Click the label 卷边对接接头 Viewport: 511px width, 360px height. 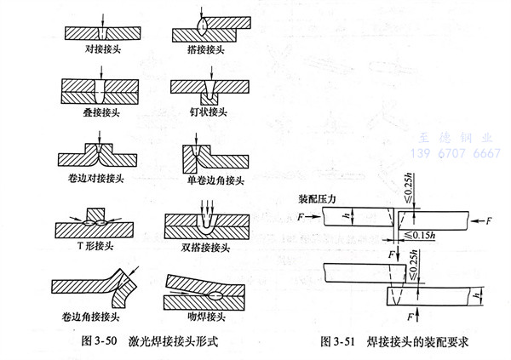[97, 178]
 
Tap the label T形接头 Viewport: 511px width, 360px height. [95, 248]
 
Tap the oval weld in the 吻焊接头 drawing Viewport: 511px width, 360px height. [211, 295]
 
